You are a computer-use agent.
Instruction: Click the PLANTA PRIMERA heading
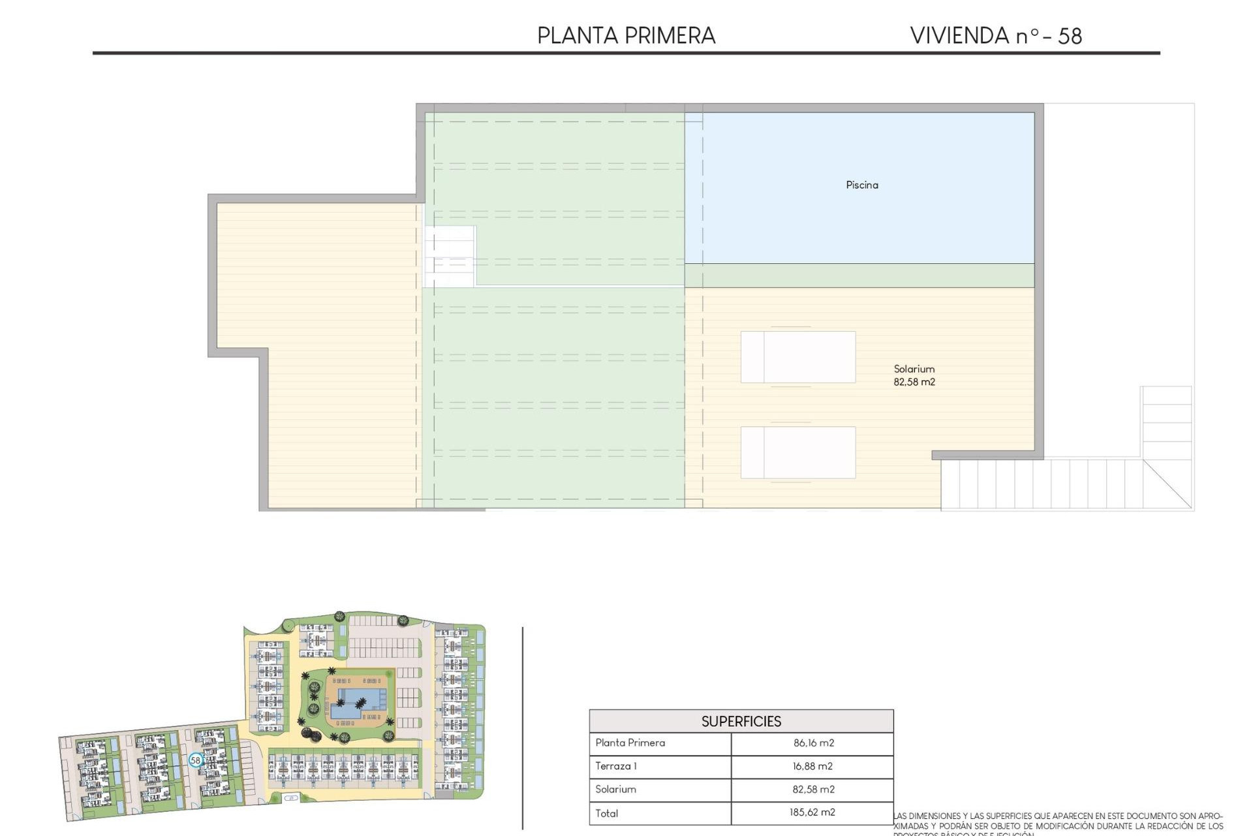point(626,35)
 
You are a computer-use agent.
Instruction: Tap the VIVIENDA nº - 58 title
point(996,35)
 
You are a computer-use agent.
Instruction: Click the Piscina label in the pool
point(861,185)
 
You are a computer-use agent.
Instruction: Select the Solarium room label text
point(914,369)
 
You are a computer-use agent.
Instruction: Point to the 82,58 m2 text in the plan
point(914,382)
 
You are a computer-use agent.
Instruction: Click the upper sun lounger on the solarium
point(797,357)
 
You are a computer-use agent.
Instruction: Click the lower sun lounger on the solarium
point(797,453)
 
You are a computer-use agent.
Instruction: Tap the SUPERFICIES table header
point(741,721)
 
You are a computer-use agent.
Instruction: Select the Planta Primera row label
point(630,743)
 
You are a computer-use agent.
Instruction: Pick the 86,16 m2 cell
point(813,743)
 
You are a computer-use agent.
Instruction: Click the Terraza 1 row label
point(615,766)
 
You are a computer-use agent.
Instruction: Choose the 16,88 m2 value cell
point(812,766)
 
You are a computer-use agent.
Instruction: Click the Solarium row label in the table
point(615,789)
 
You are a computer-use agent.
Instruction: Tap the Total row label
point(606,813)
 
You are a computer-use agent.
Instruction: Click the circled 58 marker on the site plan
point(195,760)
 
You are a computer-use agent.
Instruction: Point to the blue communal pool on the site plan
point(356,702)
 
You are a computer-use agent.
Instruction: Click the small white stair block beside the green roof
point(450,256)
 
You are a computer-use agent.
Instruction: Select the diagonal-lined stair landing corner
point(1167,484)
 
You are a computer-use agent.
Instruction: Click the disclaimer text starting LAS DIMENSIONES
point(1057,821)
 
